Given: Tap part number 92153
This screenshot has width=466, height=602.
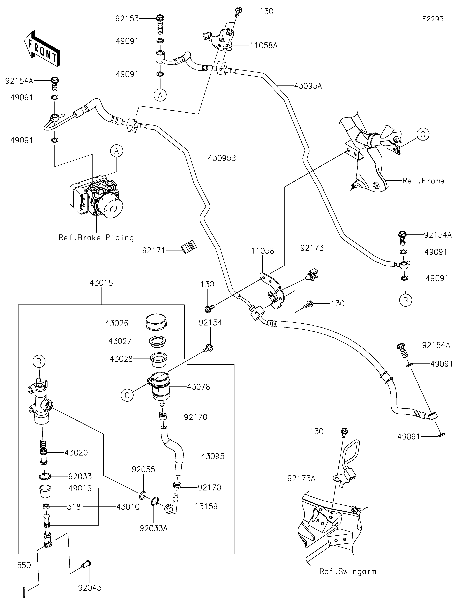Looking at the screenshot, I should (127, 19).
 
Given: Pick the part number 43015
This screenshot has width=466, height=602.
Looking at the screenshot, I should (101, 283).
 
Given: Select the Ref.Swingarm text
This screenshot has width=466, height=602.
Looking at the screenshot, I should (348, 571).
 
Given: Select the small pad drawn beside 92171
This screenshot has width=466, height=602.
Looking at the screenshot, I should (189, 246).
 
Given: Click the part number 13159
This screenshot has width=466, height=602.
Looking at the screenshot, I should (206, 506).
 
